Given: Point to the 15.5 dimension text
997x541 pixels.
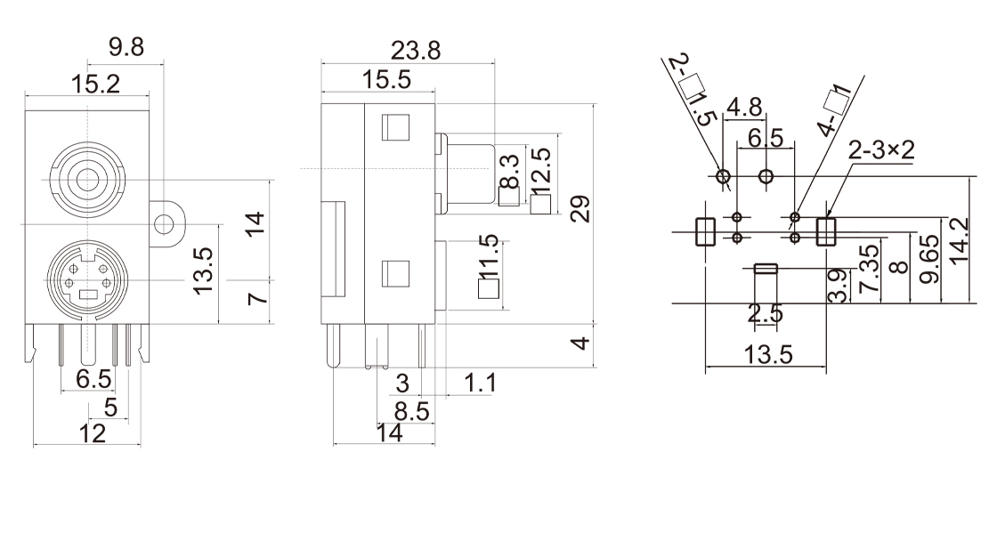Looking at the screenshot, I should [x=386, y=80].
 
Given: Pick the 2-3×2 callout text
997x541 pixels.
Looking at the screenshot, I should [x=881, y=150].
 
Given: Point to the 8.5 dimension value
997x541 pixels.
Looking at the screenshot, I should [x=411, y=411].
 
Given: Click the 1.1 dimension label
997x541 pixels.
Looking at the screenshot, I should [x=480, y=384].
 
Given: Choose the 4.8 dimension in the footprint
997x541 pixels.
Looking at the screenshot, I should [x=744, y=109].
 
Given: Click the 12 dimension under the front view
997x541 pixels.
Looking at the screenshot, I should [x=91, y=433].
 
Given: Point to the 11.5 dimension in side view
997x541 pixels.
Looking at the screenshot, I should [x=489, y=259].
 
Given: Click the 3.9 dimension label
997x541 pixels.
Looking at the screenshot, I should [x=838, y=285].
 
